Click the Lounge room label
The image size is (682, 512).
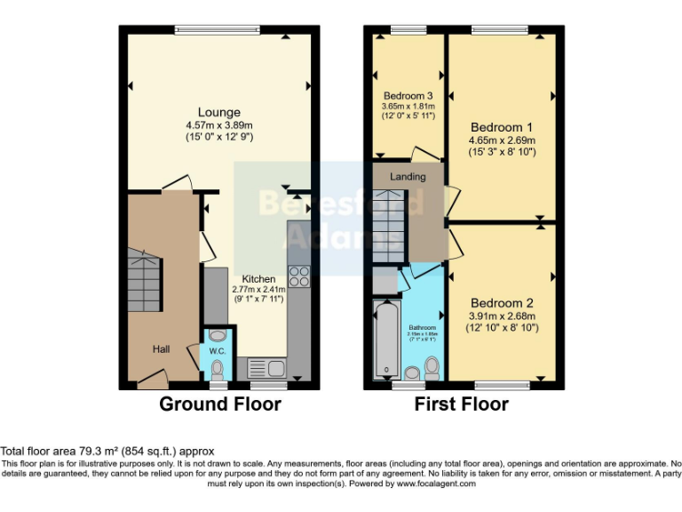[x=219, y=112]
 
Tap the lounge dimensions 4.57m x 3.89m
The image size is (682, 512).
[x=219, y=125]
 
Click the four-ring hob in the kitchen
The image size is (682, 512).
[x=298, y=276]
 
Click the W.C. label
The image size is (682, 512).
[x=218, y=350]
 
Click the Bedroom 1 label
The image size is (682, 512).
[x=503, y=125]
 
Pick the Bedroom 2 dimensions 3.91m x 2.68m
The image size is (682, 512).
[x=503, y=316]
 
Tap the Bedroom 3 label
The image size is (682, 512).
[x=408, y=96]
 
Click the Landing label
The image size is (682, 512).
[x=408, y=176]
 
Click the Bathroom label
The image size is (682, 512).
[x=423, y=327]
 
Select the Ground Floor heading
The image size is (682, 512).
[x=220, y=404]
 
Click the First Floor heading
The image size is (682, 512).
[x=462, y=404]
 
